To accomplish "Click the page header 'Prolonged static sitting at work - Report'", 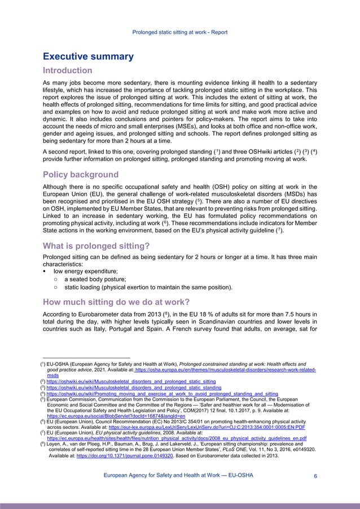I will pyautogui.click(x=179, y=32).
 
